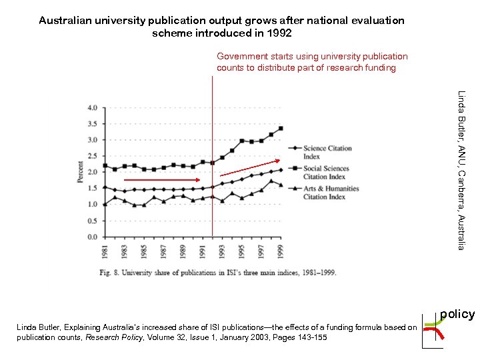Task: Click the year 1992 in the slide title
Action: (x=278, y=33)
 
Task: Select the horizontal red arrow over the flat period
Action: (x=161, y=180)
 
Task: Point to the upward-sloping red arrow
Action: (x=251, y=167)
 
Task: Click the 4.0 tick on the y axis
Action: (x=92, y=107)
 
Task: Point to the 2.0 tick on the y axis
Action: (x=92, y=172)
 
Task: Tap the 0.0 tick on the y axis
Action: (x=92, y=237)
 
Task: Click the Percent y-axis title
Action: (x=80, y=173)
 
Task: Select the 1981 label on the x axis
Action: (x=105, y=252)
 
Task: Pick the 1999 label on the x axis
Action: (x=281, y=252)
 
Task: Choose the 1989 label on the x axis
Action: (x=183, y=252)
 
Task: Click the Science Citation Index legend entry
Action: (x=327, y=152)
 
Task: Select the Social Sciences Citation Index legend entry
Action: (x=327, y=172)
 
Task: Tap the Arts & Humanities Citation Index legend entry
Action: (x=330, y=192)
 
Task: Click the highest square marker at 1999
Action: (x=281, y=128)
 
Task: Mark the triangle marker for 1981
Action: (x=105, y=204)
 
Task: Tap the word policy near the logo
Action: (x=457, y=314)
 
